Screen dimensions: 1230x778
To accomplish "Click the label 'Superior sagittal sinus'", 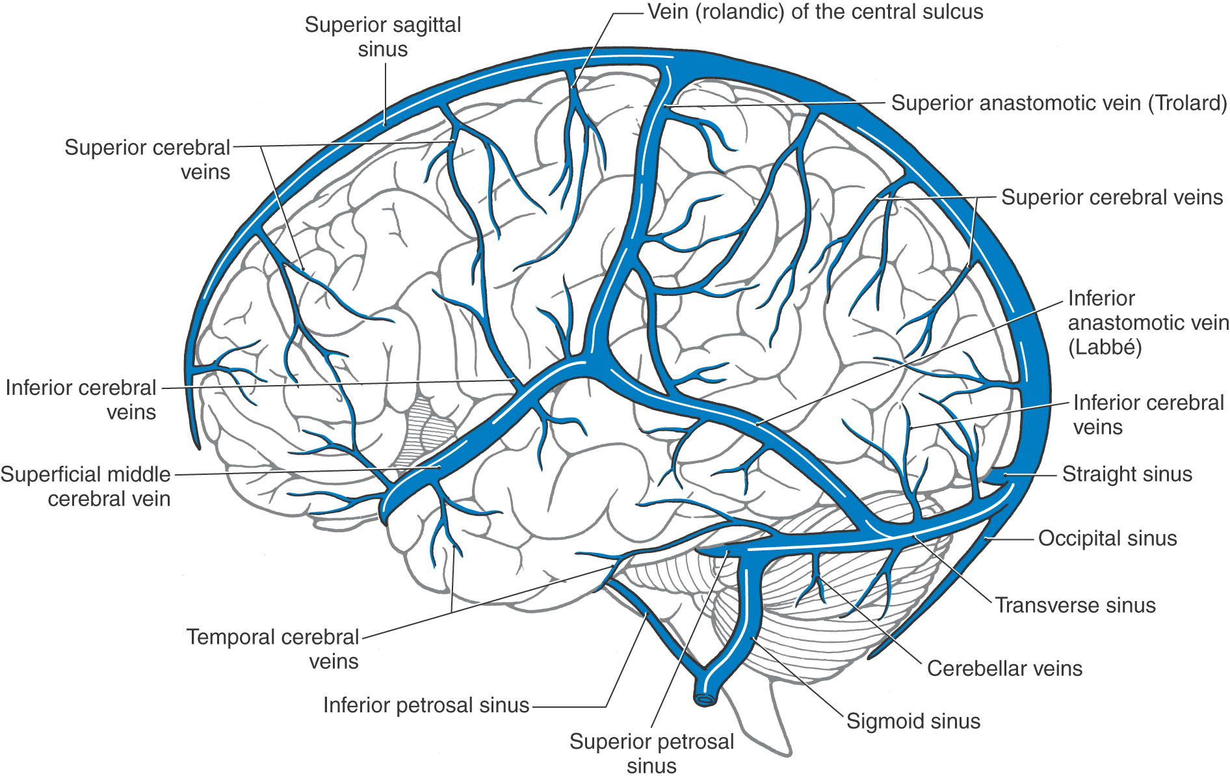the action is [x=383, y=37].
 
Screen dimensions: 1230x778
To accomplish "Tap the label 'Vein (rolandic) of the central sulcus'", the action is [x=815, y=12].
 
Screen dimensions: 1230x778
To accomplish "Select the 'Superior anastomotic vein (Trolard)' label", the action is [x=1059, y=103].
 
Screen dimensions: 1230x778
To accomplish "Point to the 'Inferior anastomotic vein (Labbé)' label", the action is [x=1148, y=323].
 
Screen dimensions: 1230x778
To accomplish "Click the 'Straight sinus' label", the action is [x=1127, y=474].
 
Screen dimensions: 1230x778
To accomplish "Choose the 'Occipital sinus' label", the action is [x=1108, y=539].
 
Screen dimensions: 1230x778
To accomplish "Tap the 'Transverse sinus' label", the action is [x=1075, y=606].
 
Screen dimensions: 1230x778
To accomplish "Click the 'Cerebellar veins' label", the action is [x=1004, y=669].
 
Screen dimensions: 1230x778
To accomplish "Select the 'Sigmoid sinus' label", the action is [x=913, y=721].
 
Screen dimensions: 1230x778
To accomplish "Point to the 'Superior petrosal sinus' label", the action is [x=651, y=753].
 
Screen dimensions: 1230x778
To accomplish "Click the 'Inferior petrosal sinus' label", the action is [x=426, y=705].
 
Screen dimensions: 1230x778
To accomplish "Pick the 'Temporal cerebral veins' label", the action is [x=272, y=649].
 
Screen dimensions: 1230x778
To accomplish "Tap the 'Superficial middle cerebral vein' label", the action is [x=86, y=487].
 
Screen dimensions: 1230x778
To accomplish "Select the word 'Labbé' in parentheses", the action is [x=1105, y=347].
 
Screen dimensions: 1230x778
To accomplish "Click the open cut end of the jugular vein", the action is [x=705, y=699].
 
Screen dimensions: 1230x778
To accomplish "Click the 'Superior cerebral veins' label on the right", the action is [x=1112, y=197].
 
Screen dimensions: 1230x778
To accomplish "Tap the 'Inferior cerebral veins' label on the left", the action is [x=81, y=400].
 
